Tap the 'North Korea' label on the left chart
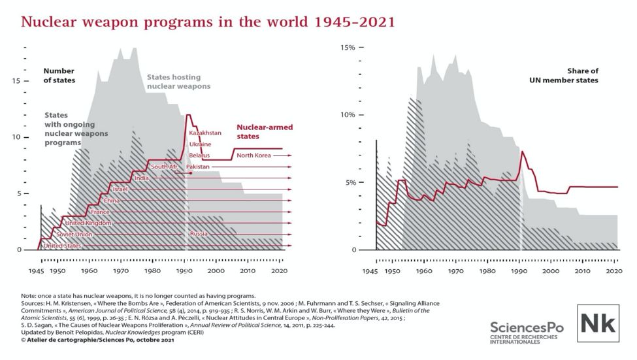[253, 155]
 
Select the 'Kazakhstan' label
[205, 133]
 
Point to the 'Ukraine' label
[200, 144]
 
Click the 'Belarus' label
[199, 155]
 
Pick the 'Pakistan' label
[198, 167]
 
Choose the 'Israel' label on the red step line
[120, 189]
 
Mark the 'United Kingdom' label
[88, 223]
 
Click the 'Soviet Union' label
[73, 234]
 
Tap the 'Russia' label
[199, 234]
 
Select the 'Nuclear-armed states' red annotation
[257, 132]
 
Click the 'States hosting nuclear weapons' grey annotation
[178, 81]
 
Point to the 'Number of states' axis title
[59, 75]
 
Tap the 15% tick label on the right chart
[348, 48]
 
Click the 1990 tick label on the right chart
[519, 270]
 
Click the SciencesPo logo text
[525, 327]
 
